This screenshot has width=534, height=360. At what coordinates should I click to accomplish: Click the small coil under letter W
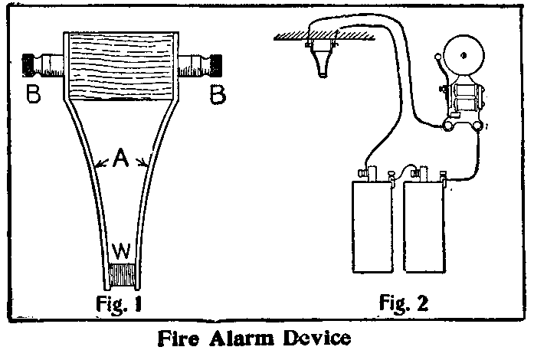pos(122,275)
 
